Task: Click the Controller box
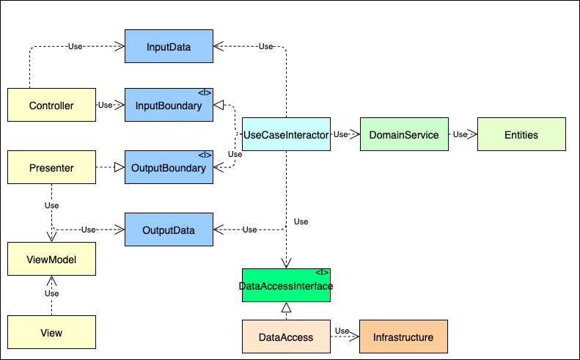(51, 106)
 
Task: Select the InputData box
(169, 47)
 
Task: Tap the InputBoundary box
(169, 106)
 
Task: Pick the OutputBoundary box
(169, 168)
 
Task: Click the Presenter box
(51, 168)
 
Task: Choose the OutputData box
(169, 230)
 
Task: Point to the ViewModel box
(51, 260)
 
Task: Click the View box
(51, 333)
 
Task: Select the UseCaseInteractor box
(286, 135)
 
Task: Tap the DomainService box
(403, 135)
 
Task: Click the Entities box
(521, 135)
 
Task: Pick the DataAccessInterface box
(286, 285)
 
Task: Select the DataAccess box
(286, 337)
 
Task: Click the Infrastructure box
(403, 337)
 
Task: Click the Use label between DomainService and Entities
(460, 135)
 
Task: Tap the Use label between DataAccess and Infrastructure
(342, 331)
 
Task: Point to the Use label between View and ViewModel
(51, 293)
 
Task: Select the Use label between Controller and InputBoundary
(106, 106)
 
